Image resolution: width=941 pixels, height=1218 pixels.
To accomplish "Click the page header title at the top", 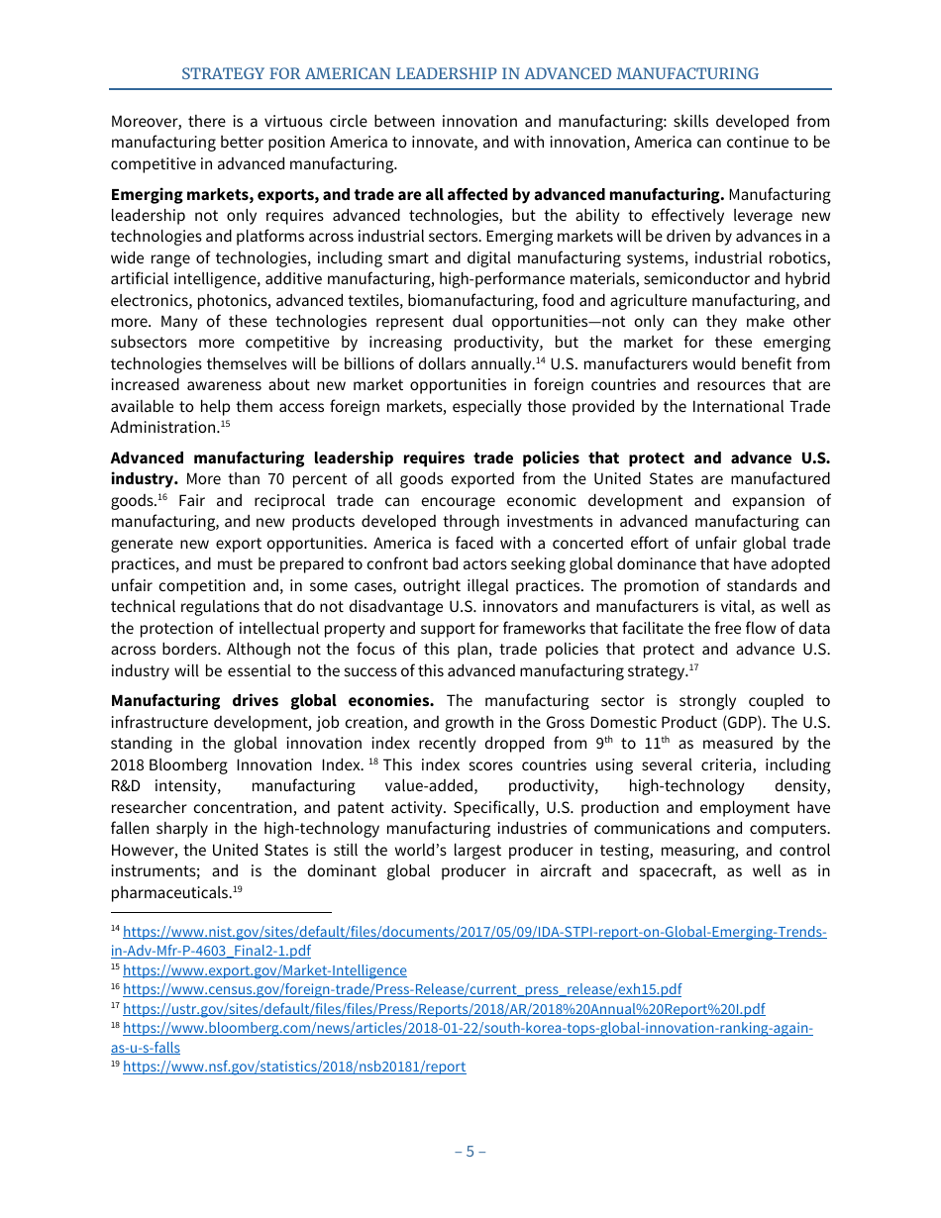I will [470, 74].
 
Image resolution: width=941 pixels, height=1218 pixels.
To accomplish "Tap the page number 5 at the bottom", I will [470, 1151].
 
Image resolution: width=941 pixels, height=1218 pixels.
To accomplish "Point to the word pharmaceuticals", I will [169, 893].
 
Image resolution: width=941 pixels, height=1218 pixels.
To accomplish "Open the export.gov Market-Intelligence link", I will [264, 970].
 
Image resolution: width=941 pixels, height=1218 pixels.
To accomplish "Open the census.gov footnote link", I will [401, 989].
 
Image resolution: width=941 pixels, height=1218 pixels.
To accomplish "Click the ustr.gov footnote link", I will [444, 1009].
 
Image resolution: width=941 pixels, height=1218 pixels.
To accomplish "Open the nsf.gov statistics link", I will [294, 1066].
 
